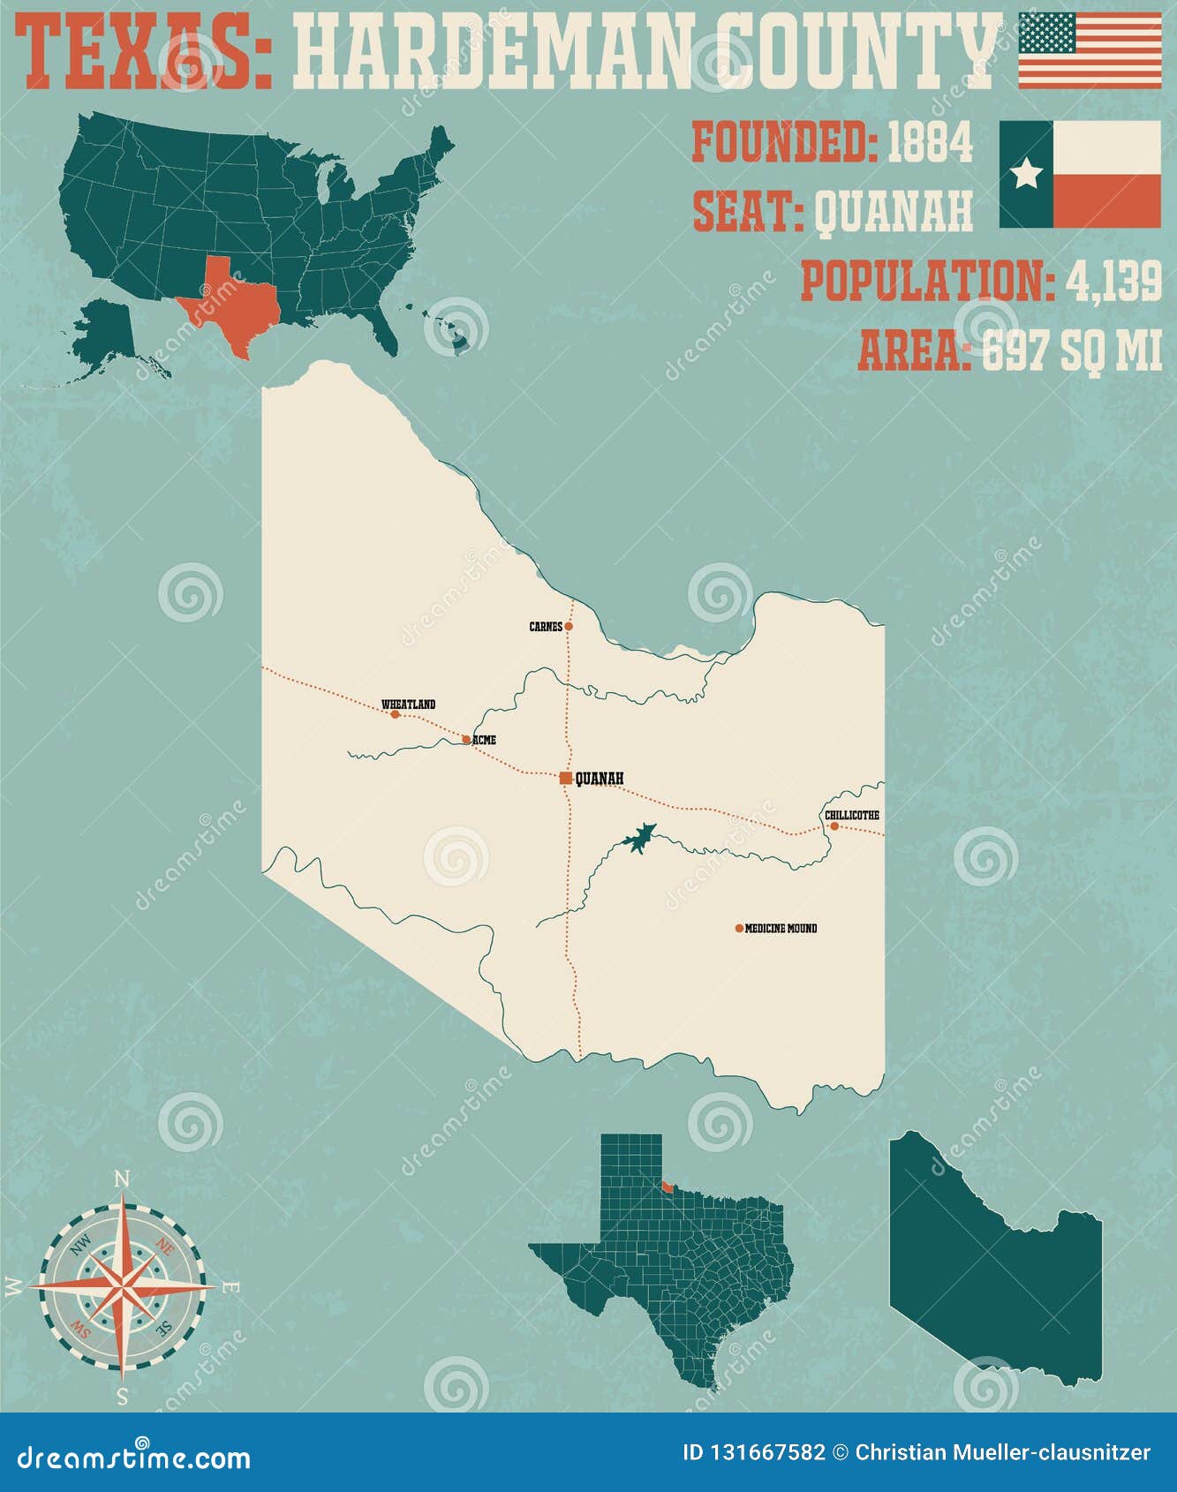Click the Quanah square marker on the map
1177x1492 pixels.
565,778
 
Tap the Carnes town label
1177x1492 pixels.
545,627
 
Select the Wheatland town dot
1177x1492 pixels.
395,713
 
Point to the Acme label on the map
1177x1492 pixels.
485,740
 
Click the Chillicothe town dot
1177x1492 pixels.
834,826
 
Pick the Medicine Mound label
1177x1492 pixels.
781,928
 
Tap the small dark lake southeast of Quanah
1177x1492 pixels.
638,838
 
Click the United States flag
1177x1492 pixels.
1090,50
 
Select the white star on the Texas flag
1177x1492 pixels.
1026,174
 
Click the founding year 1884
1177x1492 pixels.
929,142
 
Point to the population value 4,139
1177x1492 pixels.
1113,282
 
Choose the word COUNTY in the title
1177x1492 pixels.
856,53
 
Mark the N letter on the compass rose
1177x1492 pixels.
123,1179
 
